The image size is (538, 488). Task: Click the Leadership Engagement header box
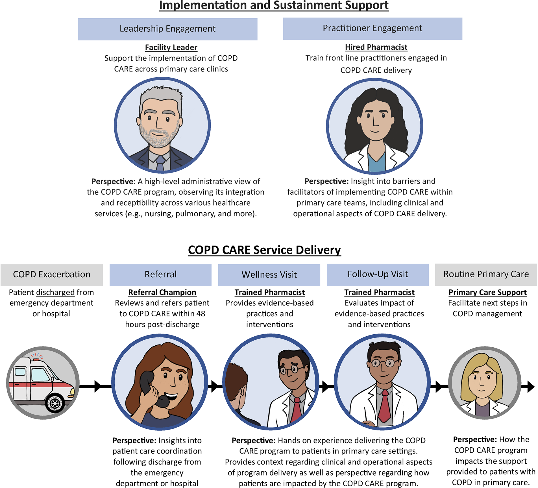[x=167, y=29]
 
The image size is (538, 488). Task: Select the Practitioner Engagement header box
[x=372, y=29]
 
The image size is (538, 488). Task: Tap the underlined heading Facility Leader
[x=171, y=47]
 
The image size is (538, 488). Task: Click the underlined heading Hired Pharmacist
[x=376, y=47]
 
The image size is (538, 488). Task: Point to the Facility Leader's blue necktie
[x=160, y=163]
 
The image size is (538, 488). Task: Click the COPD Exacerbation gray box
[x=51, y=274]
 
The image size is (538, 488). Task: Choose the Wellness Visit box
[x=269, y=275]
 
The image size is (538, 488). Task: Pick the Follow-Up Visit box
[x=378, y=274]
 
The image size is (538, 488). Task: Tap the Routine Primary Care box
[x=486, y=274]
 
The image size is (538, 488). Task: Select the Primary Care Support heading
[x=487, y=293]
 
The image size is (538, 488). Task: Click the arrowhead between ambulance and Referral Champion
[x=98, y=386]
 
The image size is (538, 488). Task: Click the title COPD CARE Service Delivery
[x=264, y=250]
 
